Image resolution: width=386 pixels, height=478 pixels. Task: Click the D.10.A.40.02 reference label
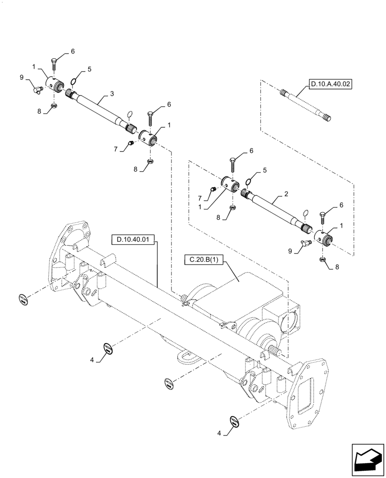(x=330, y=85)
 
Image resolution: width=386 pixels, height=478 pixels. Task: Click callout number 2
(x=285, y=194)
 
